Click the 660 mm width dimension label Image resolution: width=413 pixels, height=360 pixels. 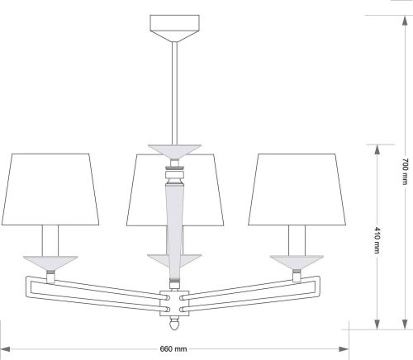[x=173, y=349]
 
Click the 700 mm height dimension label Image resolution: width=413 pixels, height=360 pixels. [x=404, y=172]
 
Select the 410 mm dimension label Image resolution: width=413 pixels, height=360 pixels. [x=377, y=240]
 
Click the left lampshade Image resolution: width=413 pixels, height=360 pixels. [x=50, y=190]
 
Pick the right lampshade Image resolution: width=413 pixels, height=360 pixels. [x=297, y=190]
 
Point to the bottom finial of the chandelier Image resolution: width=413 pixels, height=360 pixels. [x=174, y=324]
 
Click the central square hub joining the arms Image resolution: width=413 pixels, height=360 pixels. [x=174, y=303]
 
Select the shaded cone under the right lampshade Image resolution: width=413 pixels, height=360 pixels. [x=297, y=263]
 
